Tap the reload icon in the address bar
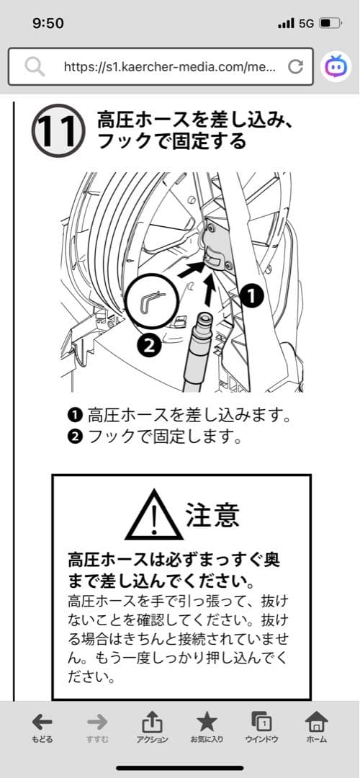click(x=295, y=66)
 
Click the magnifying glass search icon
click(x=35, y=66)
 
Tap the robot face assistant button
click(x=336, y=66)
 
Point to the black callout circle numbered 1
click(x=253, y=297)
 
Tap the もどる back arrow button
click(x=42, y=728)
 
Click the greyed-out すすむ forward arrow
click(x=97, y=728)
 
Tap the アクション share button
click(x=152, y=728)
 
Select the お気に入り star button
click(x=207, y=728)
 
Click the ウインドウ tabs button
click(x=261, y=728)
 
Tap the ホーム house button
click(x=316, y=728)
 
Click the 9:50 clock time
click(x=48, y=23)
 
